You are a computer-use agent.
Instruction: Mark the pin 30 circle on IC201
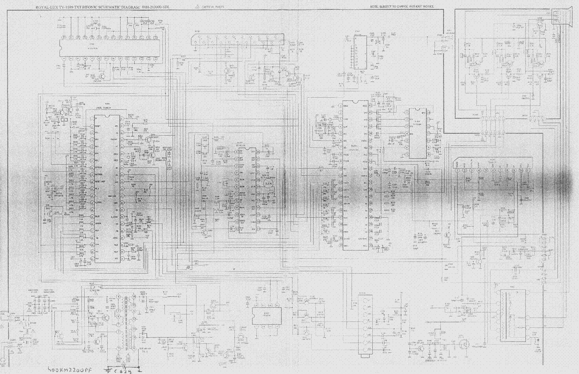click(x=370, y=189)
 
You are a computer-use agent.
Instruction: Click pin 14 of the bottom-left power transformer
click(x=135, y=297)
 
